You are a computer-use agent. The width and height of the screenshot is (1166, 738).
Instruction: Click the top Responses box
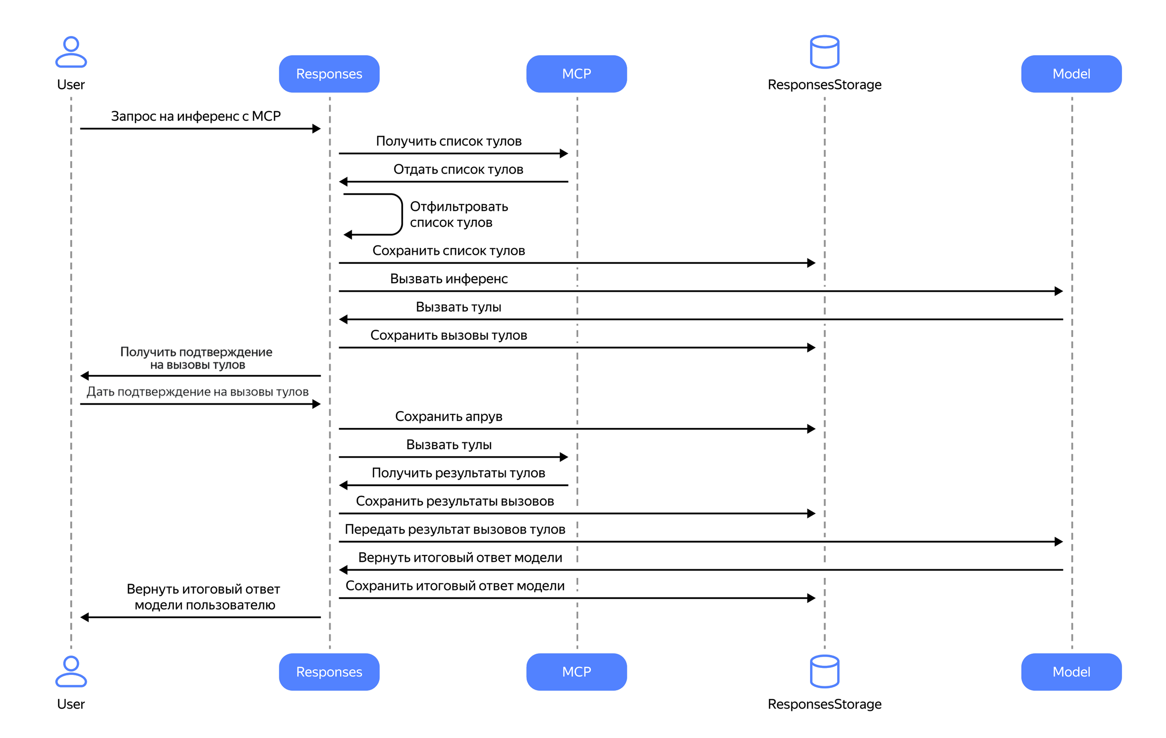click(329, 74)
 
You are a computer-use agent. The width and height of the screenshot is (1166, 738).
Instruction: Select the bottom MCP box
click(577, 672)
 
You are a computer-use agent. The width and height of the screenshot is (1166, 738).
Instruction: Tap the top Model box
click(1072, 74)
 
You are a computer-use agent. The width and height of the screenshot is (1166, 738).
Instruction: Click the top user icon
click(71, 52)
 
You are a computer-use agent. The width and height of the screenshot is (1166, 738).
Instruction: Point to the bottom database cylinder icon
click(825, 671)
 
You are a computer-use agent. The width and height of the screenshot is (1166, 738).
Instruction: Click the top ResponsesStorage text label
click(825, 84)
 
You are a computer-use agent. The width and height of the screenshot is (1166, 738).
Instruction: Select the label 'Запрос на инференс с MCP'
click(196, 116)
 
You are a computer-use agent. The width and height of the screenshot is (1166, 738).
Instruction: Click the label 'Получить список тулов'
click(449, 141)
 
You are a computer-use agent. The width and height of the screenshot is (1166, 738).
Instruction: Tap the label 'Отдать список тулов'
click(458, 169)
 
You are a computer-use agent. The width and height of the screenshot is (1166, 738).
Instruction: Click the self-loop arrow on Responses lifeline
click(402, 214)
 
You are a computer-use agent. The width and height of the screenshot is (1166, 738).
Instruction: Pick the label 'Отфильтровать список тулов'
click(459, 214)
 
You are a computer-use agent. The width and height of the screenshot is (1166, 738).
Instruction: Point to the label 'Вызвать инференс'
click(449, 279)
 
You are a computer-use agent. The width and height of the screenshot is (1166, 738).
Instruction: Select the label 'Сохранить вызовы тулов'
click(449, 335)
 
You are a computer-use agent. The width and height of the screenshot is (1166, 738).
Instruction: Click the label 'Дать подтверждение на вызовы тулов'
click(198, 392)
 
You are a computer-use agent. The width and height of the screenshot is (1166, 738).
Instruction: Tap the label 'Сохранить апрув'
click(449, 417)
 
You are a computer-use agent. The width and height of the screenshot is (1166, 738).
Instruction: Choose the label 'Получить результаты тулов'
click(458, 473)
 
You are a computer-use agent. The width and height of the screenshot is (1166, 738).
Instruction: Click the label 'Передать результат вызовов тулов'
click(455, 529)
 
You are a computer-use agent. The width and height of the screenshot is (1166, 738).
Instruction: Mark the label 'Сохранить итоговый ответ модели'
click(455, 586)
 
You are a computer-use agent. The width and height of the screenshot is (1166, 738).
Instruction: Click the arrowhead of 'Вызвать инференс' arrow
click(1059, 291)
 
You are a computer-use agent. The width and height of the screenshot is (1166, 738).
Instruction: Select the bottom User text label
click(71, 704)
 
